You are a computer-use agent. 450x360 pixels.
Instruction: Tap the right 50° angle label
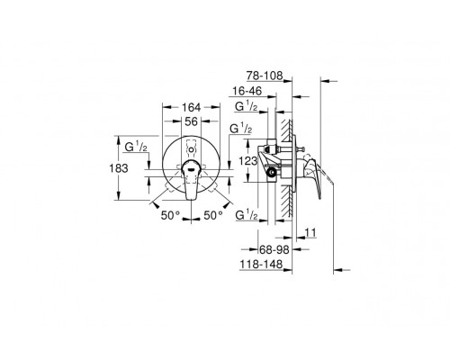212,216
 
